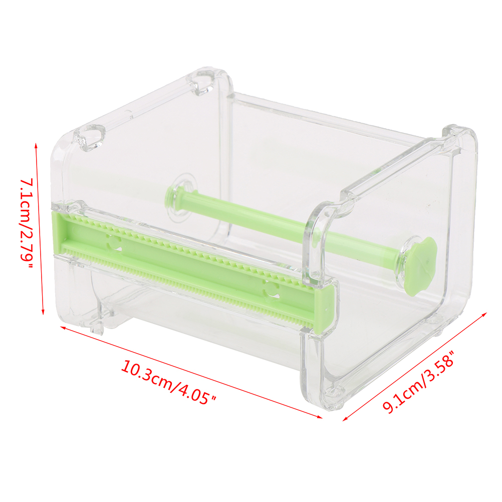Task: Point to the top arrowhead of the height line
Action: [36, 146]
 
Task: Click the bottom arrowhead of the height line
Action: [43, 312]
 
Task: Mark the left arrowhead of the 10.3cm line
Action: [63, 328]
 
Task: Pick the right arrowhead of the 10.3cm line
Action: [320, 416]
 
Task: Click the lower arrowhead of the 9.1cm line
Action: [346, 418]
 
